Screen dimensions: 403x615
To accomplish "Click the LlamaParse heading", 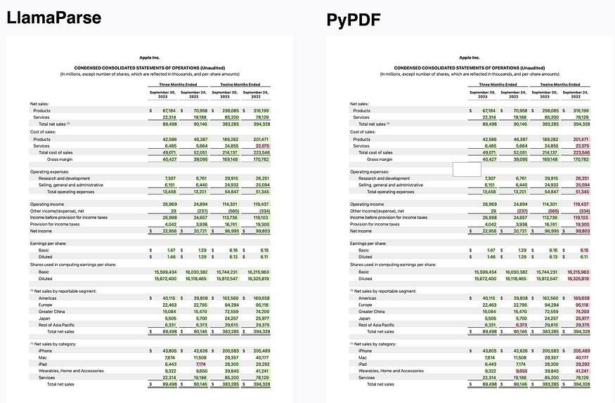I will pos(54,17).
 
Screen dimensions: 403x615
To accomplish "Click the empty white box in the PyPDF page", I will pos(466,169).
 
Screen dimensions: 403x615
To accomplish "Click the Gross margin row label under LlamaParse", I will pos(61,159).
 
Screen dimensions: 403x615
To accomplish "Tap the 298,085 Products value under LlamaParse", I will pos(225,110).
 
